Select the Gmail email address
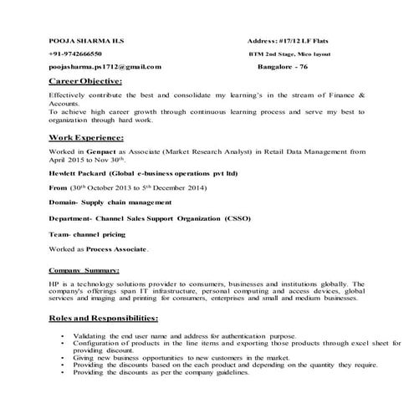coord(105,65)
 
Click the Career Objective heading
coord(85,81)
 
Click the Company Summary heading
coord(84,270)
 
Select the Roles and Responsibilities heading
coord(104,319)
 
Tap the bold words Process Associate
coord(119,249)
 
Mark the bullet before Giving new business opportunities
coord(64,357)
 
